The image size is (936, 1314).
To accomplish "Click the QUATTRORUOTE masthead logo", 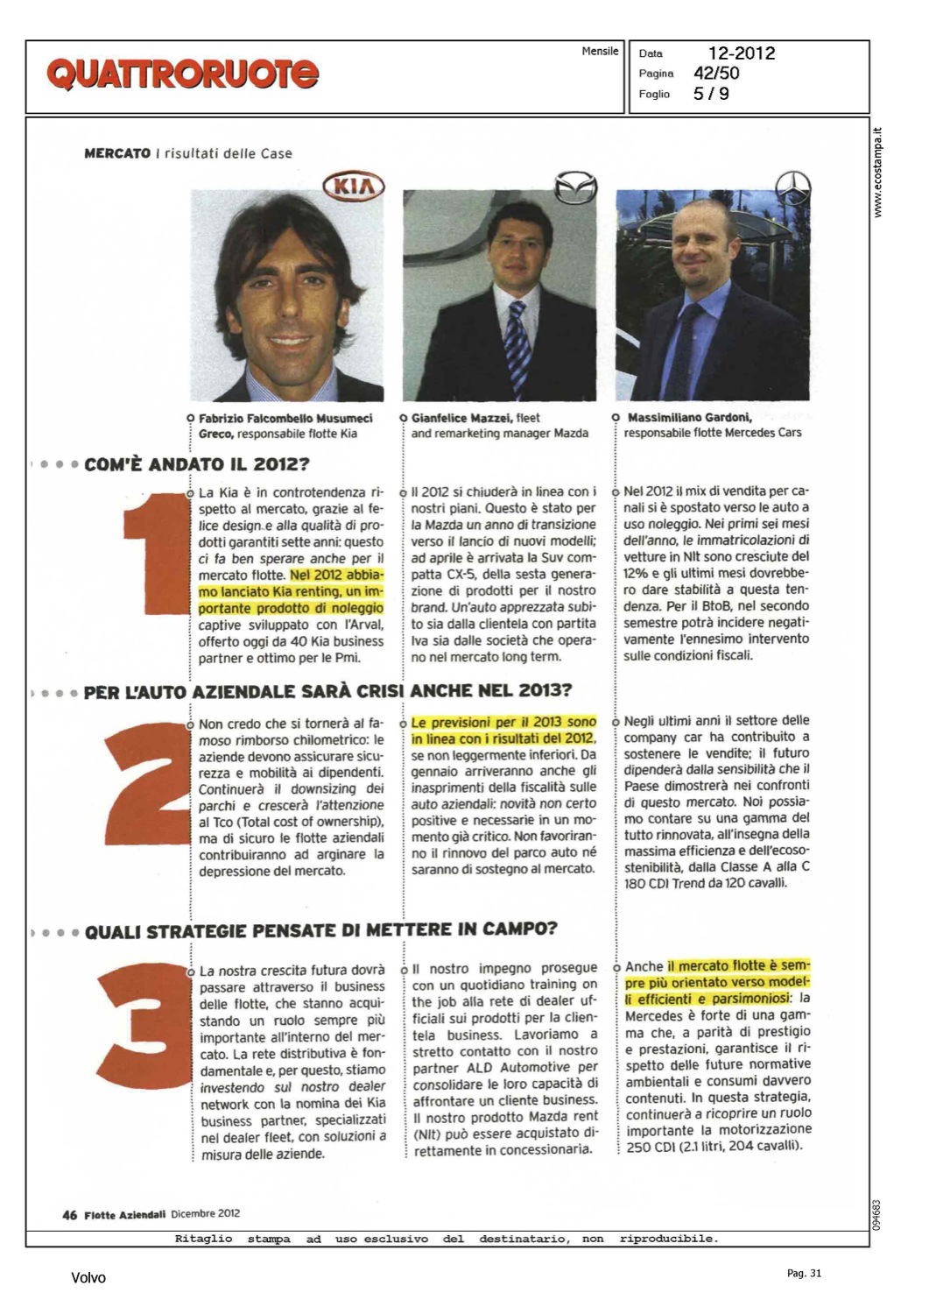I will pyautogui.click(x=182, y=74).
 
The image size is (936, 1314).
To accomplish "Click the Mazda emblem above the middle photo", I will pyautogui.click(x=575, y=187).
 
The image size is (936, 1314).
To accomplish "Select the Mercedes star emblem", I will pyautogui.click(x=793, y=187).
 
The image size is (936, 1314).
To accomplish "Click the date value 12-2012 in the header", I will pyautogui.click(x=742, y=53).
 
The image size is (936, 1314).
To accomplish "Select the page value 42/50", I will pyautogui.click(x=716, y=74).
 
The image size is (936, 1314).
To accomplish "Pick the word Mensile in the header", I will pyautogui.click(x=600, y=52).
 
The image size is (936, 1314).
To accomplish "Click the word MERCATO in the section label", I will pyautogui.click(x=117, y=153).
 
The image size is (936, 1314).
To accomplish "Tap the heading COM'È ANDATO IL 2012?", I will pyautogui.click(x=197, y=464).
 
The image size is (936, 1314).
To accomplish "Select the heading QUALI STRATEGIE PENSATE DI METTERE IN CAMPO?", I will pyautogui.click(x=320, y=930).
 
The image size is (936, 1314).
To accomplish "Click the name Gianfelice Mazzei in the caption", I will pyautogui.click(x=462, y=419).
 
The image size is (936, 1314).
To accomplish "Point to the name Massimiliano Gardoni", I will pyautogui.click(x=689, y=418).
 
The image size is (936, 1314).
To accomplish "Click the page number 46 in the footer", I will pyautogui.click(x=69, y=1215).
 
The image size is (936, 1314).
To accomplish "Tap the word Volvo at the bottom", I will pyautogui.click(x=88, y=1278).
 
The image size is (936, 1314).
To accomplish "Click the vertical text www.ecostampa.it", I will pyautogui.click(x=879, y=173).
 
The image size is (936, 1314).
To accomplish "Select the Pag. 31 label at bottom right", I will pyautogui.click(x=804, y=1274).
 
